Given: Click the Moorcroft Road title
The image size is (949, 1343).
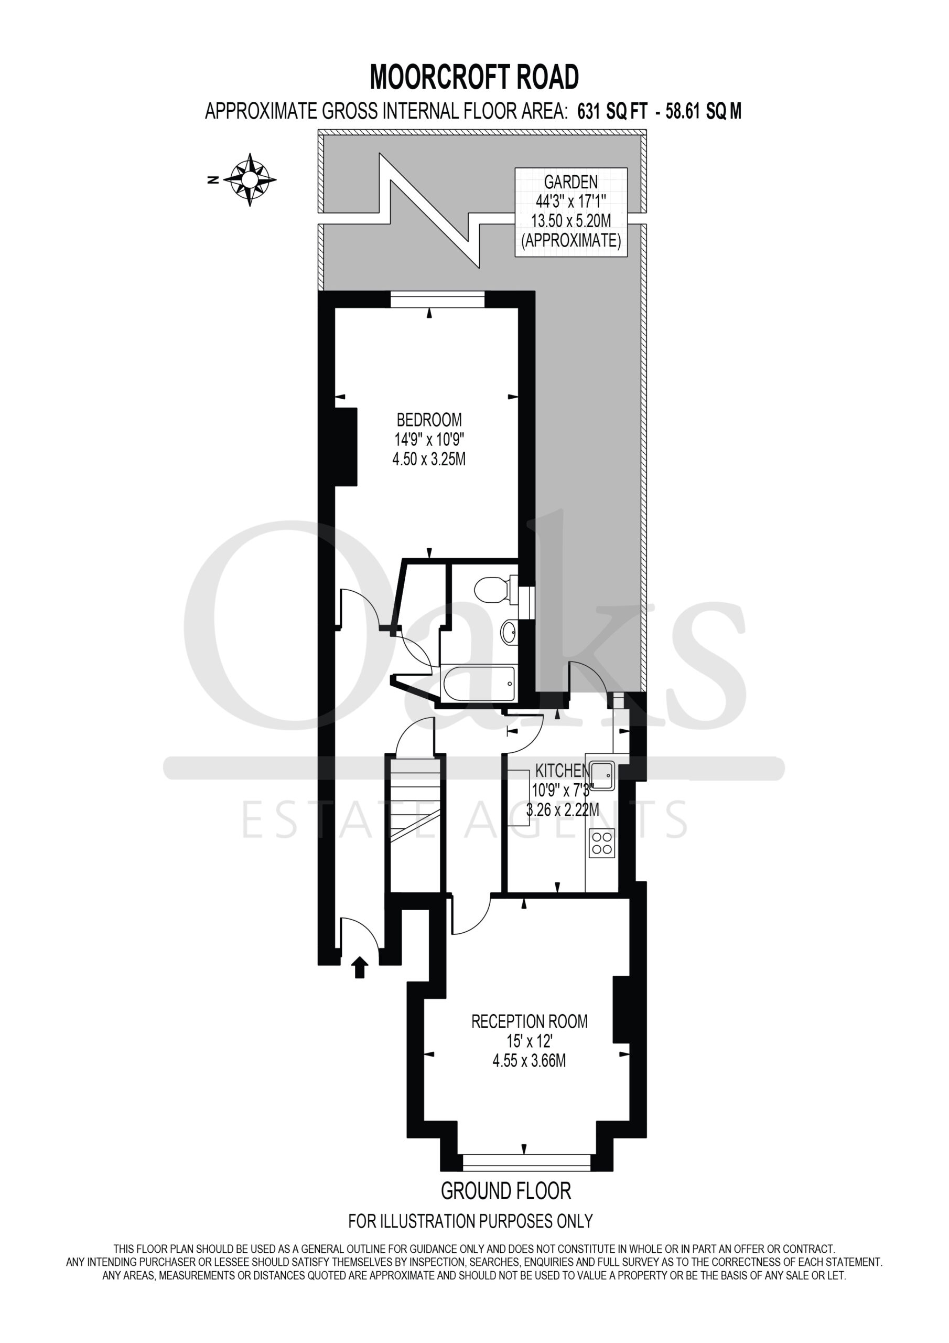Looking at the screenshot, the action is (474, 77).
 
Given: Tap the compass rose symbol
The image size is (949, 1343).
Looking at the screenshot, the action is (251, 179).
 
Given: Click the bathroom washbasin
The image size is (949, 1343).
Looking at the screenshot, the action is (509, 632).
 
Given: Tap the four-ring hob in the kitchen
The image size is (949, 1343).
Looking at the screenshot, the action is (602, 843).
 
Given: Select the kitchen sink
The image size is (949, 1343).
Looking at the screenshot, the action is (601, 775).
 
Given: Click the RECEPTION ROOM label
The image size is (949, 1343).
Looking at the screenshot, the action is (529, 1038).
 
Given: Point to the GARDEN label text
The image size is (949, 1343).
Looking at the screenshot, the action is (570, 182).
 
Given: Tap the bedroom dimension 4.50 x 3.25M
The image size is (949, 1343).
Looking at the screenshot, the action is (428, 459).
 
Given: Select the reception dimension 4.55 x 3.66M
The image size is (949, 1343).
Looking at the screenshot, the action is (529, 1077).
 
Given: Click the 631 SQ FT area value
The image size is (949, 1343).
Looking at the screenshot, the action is (612, 111).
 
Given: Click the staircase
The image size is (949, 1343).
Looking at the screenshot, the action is (415, 825).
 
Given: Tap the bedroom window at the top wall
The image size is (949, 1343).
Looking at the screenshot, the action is (437, 299).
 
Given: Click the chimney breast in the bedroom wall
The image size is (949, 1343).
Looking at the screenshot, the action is (345, 447).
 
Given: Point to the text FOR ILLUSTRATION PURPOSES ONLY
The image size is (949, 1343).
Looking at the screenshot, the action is (470, 1221).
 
